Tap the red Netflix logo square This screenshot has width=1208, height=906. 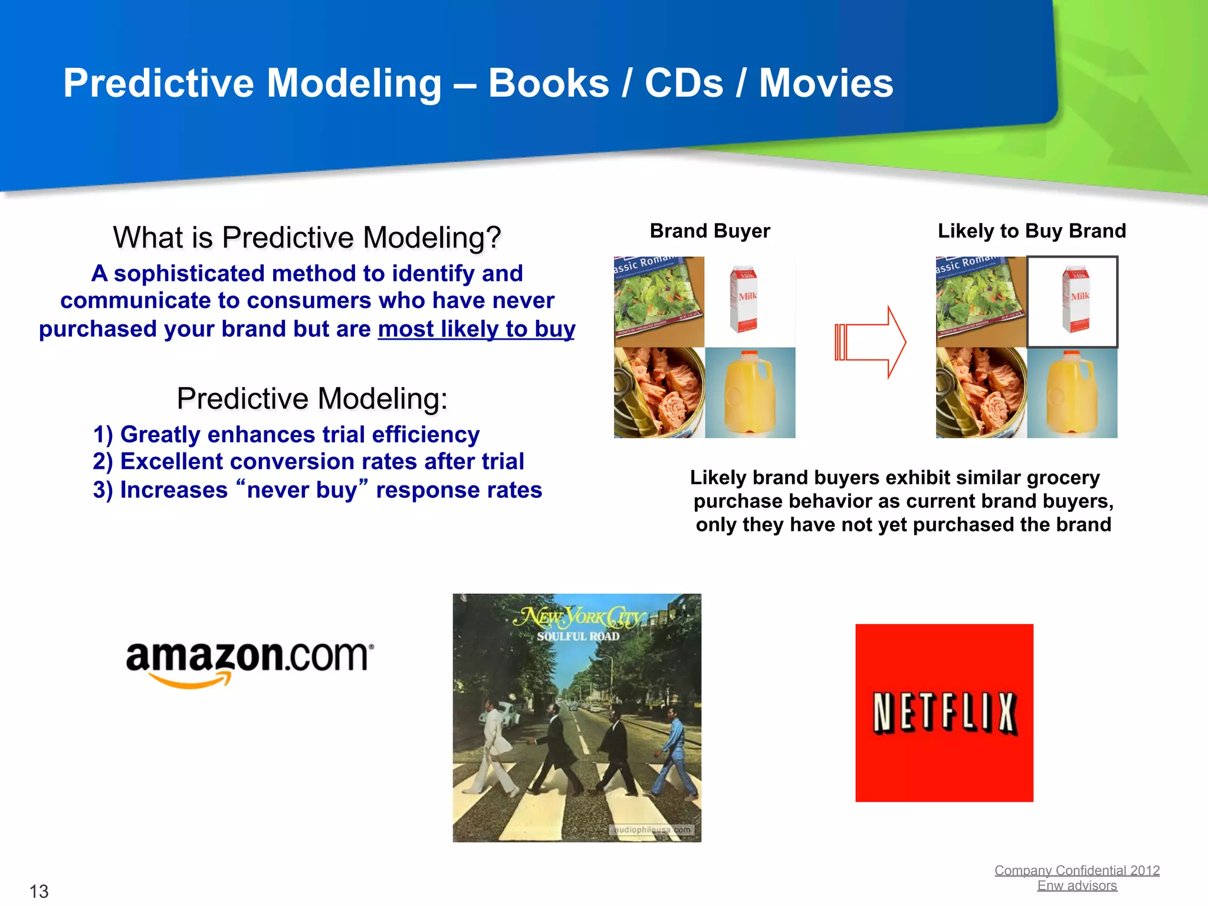(944, 713)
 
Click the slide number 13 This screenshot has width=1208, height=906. (39, 891)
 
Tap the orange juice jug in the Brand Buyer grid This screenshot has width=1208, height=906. (749, 393)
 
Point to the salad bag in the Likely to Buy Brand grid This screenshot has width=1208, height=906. (980, 301)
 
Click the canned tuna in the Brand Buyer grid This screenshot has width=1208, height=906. (659, 393)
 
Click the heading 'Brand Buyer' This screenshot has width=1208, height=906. (710, 231)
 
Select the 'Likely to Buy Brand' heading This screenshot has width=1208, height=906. (1031, 231)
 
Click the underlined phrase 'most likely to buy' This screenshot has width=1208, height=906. (476, 329)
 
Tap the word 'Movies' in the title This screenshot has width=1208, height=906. (826, 83)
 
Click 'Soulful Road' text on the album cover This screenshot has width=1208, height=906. (578, 636)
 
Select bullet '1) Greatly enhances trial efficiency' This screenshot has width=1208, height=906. (286, 434)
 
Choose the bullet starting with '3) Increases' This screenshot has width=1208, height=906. (317, 490)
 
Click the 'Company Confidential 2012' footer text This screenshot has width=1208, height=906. (1076, 870)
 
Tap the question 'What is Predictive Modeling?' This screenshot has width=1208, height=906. (307, 238)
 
